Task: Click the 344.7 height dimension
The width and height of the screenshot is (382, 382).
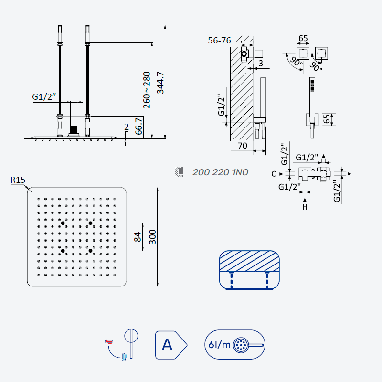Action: pyautogui.click(x=160, y=83)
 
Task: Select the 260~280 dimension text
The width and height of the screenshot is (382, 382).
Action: pyautogui.click(x=147, y=90)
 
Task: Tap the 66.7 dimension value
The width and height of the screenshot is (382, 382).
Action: pyautogui.click(x=139, y=126)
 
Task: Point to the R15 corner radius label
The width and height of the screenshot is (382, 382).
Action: pyautogui.click(x=18, y=180)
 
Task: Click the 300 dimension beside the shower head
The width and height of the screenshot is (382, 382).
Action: pyautogui.click(x=152, y=237)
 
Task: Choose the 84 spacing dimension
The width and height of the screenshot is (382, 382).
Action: pyautogui.click(x=138, y=237)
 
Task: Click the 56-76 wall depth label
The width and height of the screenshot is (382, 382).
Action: pyautogui.click(x=219, y=41)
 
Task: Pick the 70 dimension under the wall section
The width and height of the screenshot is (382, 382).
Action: pyautogui.click(x=243, y=146)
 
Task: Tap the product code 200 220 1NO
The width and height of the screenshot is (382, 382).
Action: pyautogui.click(x=220, y=172)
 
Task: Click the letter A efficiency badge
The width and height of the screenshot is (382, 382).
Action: pyautogui.click(x=171, y=345)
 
